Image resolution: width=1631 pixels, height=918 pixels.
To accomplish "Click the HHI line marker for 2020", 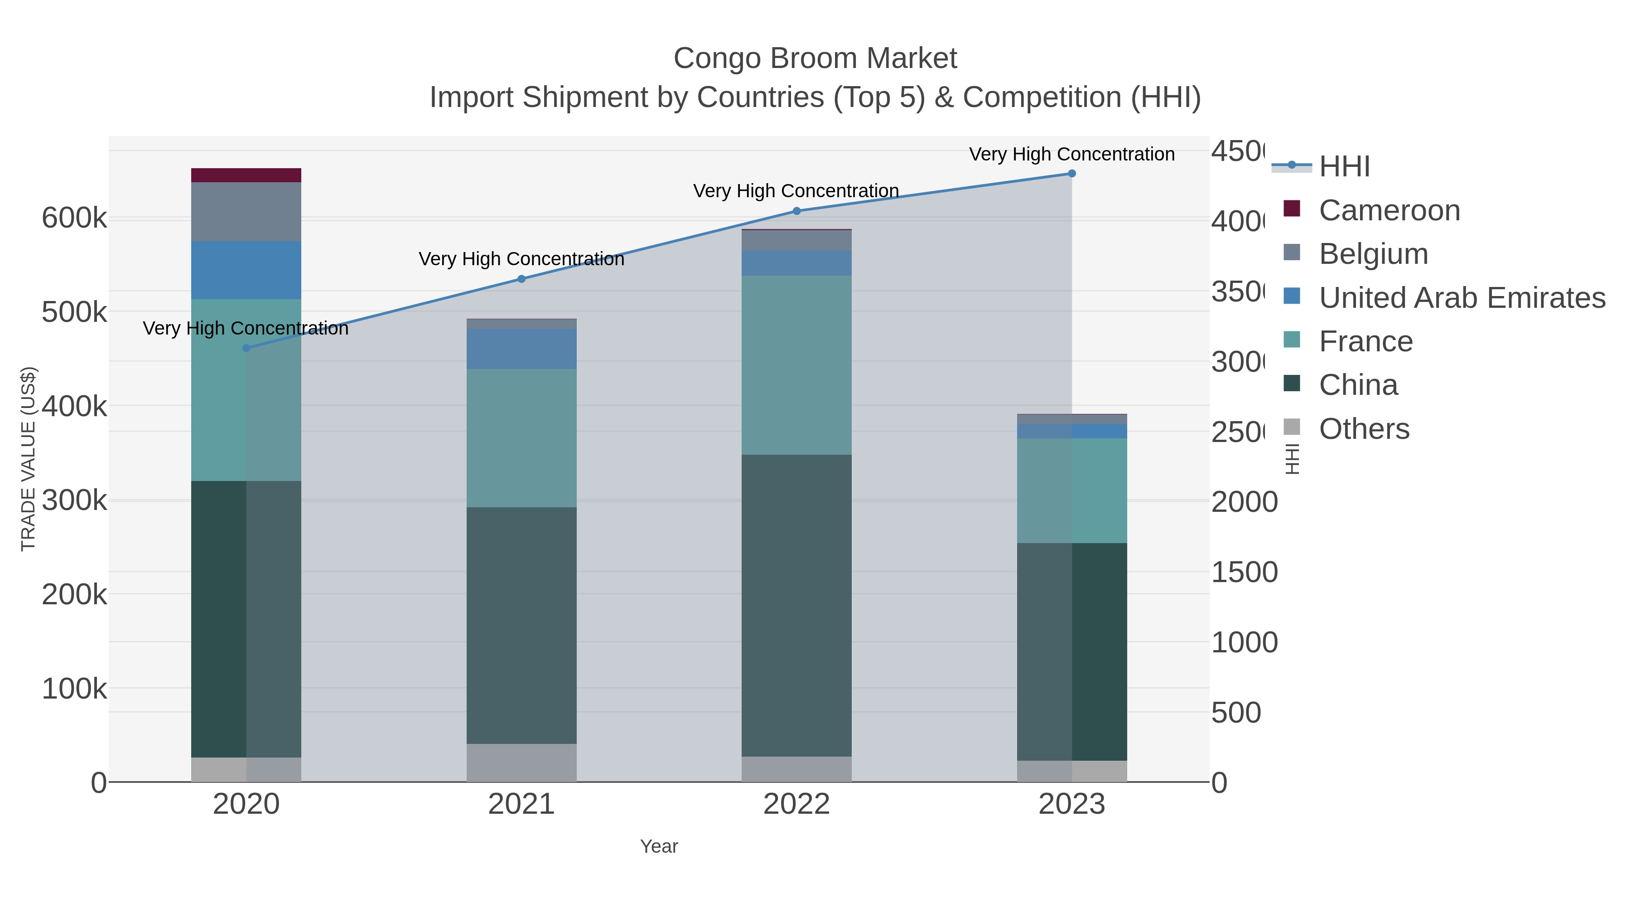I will [246, 348].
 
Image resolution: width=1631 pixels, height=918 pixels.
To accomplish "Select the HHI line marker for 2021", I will [522, 279].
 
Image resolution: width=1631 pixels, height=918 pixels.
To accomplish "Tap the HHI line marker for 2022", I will [796, 211].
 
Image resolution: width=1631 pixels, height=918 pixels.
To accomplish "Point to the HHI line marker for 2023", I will [1072, 174].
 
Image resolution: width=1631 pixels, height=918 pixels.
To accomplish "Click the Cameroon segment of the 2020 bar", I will [246, 175].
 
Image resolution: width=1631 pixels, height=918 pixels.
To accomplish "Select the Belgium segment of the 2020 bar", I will [246, 212].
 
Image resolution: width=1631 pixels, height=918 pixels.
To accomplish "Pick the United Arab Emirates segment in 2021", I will [522, 349].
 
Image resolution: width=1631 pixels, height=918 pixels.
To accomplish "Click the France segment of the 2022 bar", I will [796, 365].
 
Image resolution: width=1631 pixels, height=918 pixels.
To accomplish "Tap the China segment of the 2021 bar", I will [522, 625].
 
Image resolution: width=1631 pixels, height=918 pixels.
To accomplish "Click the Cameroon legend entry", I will [1389, 210].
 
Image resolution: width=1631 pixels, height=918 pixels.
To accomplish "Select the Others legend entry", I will [1364, 429].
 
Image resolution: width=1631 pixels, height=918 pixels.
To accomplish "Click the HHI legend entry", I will [1344, 167].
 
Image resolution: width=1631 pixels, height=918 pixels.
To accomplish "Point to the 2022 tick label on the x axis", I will [796, 804].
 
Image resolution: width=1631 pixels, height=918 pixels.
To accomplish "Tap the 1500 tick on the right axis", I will [1244, 572].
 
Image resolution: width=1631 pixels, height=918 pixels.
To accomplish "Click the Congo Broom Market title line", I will [815, 58].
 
